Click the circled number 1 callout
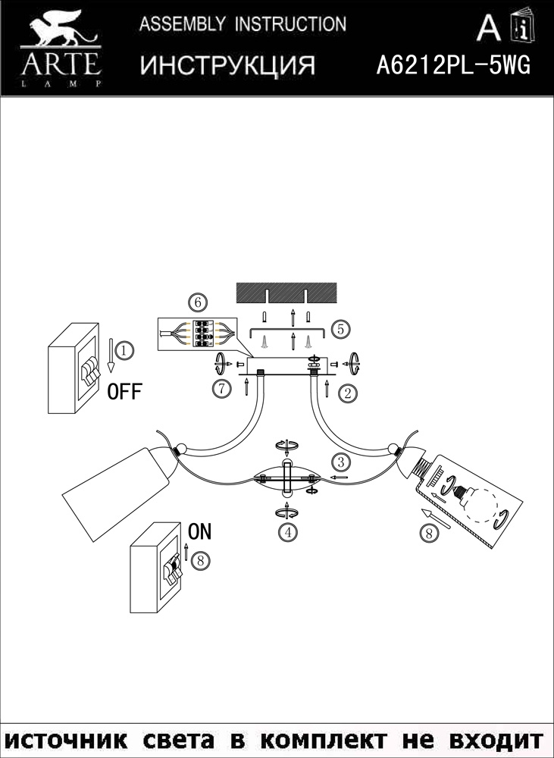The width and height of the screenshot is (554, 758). [x=125, y=349]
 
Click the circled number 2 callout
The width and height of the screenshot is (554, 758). [x=348, y=393]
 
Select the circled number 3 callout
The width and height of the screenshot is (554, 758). [x=341, y=462]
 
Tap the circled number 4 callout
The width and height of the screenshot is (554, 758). [x=288, y=532]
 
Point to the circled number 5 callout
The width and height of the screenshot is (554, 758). [x=341, y=330]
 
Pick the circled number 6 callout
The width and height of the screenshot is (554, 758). [x=198, y=303]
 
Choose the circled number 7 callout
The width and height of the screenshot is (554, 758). [x=222, y=389]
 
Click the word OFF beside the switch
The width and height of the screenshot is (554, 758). [x=125, y=391]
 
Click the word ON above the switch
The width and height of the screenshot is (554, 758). [x=199, y=531]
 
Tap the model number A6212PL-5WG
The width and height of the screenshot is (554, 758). [x=453, y=64]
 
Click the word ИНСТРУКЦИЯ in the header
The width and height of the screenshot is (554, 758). [x=227, y=65]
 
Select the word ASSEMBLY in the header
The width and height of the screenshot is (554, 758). [x=182, y=23]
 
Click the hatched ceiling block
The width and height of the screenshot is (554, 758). [x=287, y=293]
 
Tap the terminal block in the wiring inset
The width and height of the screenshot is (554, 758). [x=205, y=334]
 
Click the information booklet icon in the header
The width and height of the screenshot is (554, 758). [x=523, y=24]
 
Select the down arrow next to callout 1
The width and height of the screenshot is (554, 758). [x=111, y=356]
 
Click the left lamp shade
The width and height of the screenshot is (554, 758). [x=116, y=496]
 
